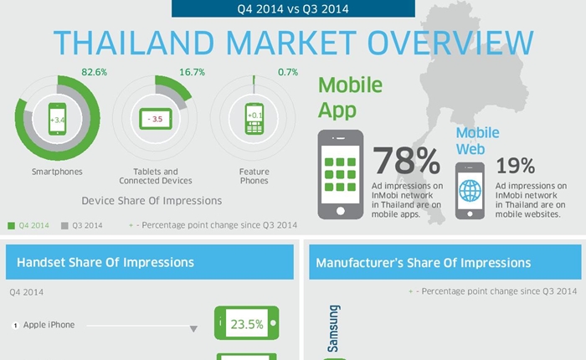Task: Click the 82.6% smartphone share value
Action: point(94,72)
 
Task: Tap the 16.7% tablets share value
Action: point(192,72)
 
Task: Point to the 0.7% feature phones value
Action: point(288,72)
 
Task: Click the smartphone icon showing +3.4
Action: point(57,119)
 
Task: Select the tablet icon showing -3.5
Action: point(156,119)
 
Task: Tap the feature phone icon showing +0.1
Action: point(254,119)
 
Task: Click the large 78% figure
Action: point(406,161)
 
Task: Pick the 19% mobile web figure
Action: point(516,165)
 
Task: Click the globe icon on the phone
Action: point(470,191)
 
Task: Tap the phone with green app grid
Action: point(341,175)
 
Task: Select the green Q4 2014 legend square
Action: point(12,226)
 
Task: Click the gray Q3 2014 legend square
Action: point(64,226)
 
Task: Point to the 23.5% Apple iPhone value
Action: point(247,324)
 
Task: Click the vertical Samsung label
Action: point(333,328)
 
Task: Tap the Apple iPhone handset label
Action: point(49,325)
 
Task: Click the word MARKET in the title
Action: point(291,43)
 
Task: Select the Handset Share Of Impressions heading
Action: point(105,262)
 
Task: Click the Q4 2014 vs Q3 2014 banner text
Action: point(293,9)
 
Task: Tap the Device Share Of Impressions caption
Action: point(152,201)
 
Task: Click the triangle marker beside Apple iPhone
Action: point(193,329)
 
